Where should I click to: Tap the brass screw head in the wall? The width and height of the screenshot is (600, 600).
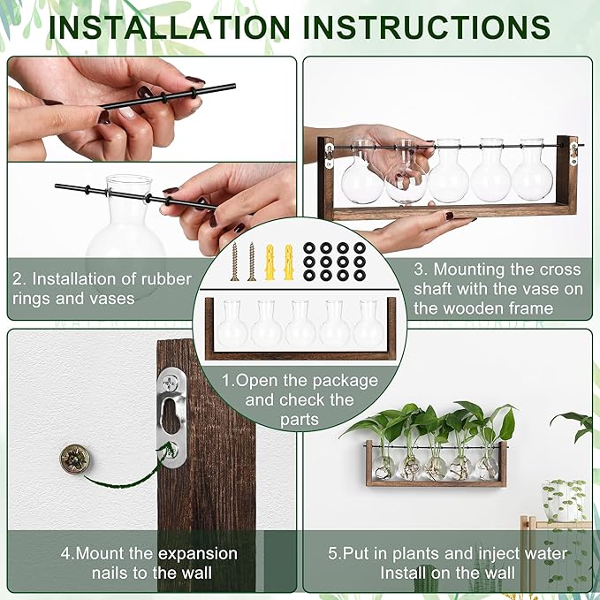coord(74,458)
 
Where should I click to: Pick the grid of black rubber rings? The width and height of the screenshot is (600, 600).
coord(335,261)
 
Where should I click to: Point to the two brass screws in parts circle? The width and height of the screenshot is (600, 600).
coord(242,262)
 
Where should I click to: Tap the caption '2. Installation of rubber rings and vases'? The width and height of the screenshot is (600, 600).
coord(102,289)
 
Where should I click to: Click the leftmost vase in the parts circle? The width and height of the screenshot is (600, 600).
coord(232,325)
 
